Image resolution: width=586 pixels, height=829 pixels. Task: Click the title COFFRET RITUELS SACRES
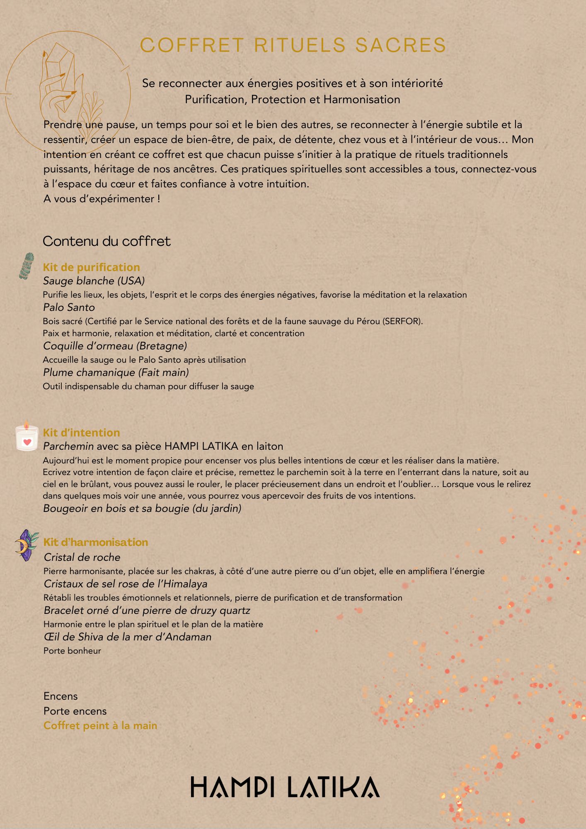click(293, 45)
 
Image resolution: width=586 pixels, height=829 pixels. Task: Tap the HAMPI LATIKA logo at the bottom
click(285, 788)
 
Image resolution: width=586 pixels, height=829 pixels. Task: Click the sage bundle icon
click(27, 266)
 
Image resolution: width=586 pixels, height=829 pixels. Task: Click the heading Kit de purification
click(91, 267)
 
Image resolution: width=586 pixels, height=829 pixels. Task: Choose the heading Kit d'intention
click(81, 433)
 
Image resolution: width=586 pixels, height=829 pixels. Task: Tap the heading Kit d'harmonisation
click(96, 542)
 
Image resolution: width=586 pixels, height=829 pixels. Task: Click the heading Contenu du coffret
click(107, 241)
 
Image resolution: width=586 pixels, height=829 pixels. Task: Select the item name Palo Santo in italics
click(69, 308)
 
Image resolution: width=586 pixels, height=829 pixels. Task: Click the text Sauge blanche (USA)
click(94, 281)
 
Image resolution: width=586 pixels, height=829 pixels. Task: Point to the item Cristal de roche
click(82, 558)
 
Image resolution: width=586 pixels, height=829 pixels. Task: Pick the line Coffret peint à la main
click(100, 726)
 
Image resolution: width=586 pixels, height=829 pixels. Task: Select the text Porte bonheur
click(72, 651)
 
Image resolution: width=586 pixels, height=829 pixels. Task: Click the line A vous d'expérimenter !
click(102, 199)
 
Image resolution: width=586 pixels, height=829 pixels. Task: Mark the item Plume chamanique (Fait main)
click(116, 373)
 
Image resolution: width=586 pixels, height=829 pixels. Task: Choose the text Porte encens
click(75, 711)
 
